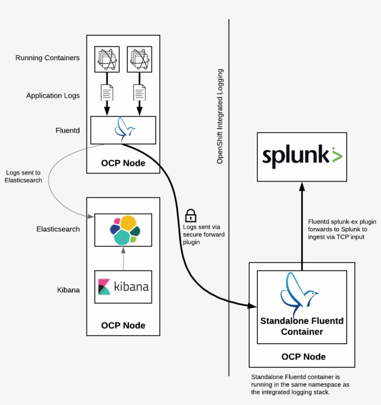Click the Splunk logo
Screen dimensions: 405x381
click(302, 157)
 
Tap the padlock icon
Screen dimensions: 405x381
click(190, 215)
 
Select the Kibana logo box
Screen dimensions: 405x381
click(123, 287)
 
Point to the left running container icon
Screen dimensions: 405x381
click(106, 59)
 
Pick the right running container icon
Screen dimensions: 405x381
click(139, 59)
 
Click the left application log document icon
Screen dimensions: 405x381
click(106, 92)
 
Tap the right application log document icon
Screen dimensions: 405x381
click(139, 92)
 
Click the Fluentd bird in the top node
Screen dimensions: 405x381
click(124, 130)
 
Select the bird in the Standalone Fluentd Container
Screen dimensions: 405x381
click(299, 295)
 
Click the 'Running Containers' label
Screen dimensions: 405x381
click(47, 58)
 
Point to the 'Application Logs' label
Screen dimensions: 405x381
click(53, 96)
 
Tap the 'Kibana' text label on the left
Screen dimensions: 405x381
click(68, 290)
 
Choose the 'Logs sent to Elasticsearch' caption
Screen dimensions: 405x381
click(23, 176)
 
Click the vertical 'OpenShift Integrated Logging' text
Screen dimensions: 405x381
click(220, 116)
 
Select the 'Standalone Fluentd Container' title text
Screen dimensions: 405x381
click(302, 326)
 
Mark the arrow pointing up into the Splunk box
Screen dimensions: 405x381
click(302, 223)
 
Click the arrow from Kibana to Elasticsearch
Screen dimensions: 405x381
click(124, 258)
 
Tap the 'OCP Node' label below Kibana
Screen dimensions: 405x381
click(123, 326)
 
